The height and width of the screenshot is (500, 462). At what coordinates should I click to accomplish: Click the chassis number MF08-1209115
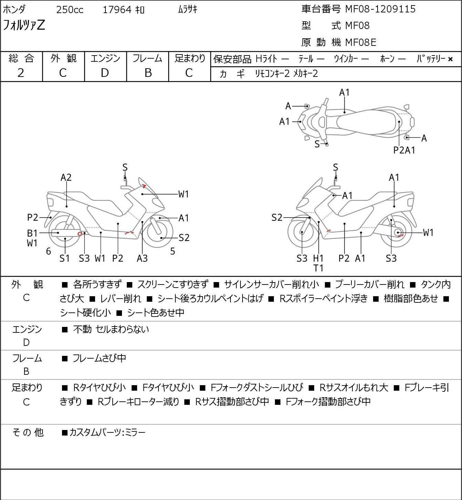tap(380, 9)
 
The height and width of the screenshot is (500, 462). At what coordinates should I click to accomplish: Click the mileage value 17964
tap(117, 10)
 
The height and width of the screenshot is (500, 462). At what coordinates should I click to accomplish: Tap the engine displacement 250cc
tap(70, 10)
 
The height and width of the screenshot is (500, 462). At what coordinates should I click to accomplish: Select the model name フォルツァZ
tap(24, 25)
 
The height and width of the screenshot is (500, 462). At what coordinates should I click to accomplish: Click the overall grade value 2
tap(21, 73)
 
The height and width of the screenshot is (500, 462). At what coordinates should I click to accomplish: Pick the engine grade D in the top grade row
tap(105, 73)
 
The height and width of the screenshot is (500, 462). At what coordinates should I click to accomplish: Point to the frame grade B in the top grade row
tap(148, 73)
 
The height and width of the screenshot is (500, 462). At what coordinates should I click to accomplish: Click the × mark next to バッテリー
tap(450, 59)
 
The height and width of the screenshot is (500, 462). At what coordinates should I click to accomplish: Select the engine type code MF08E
tap(361, 42)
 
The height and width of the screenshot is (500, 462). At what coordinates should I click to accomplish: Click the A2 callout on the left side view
tap(66, 178)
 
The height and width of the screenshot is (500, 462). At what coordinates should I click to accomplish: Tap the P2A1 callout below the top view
tap(404, 150)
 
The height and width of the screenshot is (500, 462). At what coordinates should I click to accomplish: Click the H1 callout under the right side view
tap(318, 258)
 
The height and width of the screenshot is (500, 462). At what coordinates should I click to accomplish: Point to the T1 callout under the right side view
tap(318, 268)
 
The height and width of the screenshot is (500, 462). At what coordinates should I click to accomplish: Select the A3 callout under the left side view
tap(142, 258)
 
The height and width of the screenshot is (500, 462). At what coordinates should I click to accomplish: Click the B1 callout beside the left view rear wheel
tap(32, 233)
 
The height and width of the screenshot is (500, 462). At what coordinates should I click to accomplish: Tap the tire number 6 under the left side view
tap(49, 251)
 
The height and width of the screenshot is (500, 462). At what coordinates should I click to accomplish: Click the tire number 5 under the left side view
tap(172, 251)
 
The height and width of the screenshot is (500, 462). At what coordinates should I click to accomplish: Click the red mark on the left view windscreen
tap(144, 186)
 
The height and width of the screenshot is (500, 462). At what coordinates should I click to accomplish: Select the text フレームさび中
tap(99, 358)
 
